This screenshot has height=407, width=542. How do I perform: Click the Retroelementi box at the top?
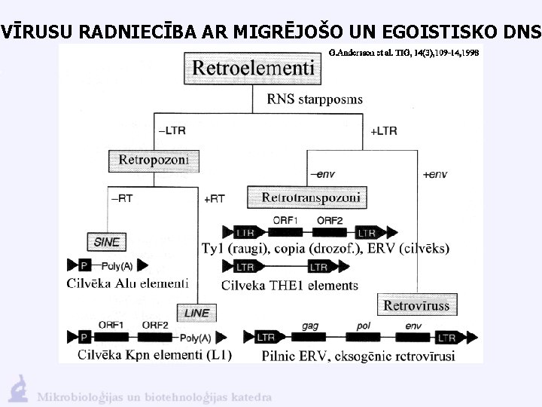[x=252, y=68]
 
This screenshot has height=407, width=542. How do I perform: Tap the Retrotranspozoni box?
[x=311, y=197]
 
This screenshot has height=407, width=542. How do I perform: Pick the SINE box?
[x=107, y=242]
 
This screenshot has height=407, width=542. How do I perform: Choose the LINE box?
[x=196, y=312]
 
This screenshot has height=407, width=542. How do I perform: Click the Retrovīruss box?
[x=416, y=305]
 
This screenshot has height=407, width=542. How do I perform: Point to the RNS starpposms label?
[x=315, y=99]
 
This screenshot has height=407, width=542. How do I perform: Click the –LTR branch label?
[x=171, y=130]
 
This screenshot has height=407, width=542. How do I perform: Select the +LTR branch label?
[x=384, y=130]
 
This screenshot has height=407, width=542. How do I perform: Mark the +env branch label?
[x=434, y=174]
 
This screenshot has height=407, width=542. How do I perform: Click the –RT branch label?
[x=123, y=198]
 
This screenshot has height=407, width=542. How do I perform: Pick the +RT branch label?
[x=215, y=198]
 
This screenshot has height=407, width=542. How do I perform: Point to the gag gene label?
[x=310, y=326]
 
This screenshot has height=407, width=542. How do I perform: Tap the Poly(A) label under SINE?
[x=120, y=265]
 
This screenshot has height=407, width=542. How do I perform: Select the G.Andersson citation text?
[x=403, y=54]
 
